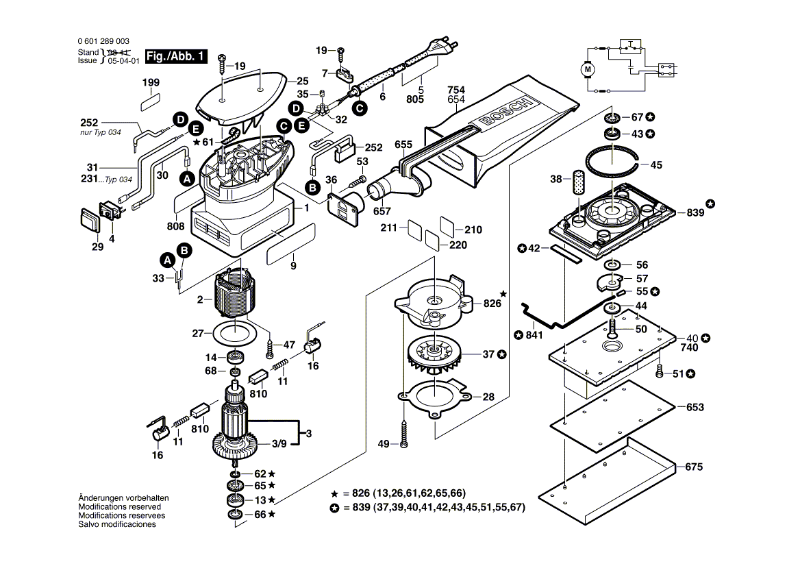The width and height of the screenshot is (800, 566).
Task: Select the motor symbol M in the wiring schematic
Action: coord(588,69)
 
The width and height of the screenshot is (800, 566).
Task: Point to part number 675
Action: coord(694,467)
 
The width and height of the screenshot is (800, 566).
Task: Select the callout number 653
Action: coord(695,407)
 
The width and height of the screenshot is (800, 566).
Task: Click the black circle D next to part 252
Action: coord(180,119)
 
